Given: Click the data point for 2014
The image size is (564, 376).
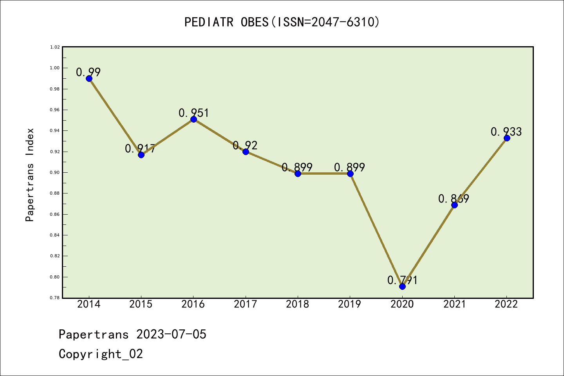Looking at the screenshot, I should coord(89,78).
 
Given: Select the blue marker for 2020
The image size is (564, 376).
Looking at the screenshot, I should coord(402,286).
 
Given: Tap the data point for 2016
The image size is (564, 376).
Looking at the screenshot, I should coord(193,119).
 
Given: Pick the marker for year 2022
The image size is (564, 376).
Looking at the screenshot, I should coord(507,138).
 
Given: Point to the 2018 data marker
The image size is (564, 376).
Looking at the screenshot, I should coord(298,174).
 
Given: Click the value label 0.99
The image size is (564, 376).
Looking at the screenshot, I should coord(88,72).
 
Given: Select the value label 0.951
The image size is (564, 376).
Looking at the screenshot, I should coord(194,113).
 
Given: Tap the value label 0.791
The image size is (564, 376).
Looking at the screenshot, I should coord(402,280).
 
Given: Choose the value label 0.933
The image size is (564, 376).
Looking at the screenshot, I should coord(506,132).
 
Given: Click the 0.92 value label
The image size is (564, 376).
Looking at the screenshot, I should coord(245,145).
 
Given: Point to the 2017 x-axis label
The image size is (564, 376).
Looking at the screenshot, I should coord(245,304).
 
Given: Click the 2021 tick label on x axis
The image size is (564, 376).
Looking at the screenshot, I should coord(454,304).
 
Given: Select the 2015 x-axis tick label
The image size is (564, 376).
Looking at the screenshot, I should coord(141,304).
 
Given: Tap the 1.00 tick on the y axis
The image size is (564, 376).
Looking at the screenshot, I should coord(55,68).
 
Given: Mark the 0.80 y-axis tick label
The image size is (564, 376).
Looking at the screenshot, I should coord(55,277).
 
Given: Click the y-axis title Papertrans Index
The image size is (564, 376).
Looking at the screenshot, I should coord(30,175).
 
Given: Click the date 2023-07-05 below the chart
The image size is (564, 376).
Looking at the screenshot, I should coord(171,334).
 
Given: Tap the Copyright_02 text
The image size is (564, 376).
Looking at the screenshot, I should coord(101,354).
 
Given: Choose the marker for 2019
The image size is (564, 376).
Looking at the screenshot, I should coord(350,174).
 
